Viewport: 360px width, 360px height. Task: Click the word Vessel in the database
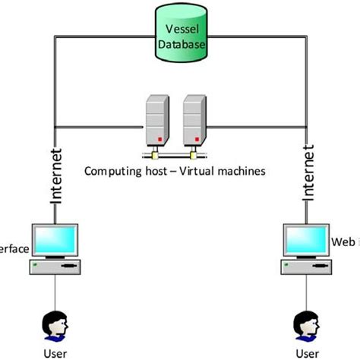tap(180, 31)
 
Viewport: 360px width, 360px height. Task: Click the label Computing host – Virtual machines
tap(175, 172)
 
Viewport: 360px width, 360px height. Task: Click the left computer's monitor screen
tap(55, 239)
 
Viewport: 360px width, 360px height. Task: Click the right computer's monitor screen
tap(305, 239)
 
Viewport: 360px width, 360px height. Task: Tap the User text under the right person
tap(305, 352)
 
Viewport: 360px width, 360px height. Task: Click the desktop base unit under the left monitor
tap(55, 267)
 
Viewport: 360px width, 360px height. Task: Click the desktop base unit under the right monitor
tap(305, 267)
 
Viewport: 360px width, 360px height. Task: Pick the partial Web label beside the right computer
tap(346, 242)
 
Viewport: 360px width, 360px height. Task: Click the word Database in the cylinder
tap(180, 44)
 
